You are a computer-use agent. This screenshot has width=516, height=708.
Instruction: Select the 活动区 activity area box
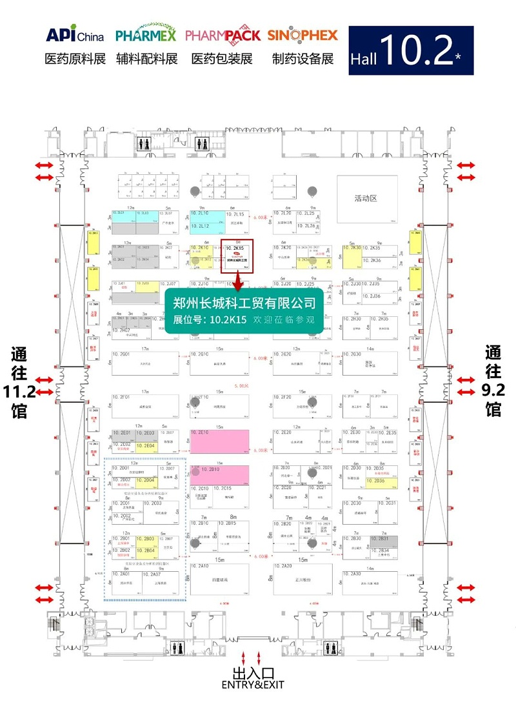[365, 198]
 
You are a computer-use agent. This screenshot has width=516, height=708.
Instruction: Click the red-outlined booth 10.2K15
[237, 256]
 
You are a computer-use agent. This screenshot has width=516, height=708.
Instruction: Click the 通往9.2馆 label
[493, 381]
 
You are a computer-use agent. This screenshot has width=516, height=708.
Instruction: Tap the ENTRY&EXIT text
[252, 685]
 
